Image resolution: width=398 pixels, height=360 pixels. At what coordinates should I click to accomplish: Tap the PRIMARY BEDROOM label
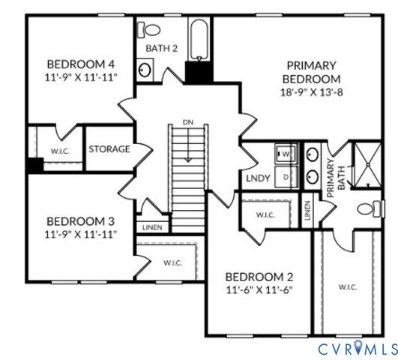(310, 72)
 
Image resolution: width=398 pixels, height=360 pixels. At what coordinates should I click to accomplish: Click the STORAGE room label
(109, 148)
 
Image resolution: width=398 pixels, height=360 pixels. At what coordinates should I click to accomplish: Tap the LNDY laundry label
(259, 179)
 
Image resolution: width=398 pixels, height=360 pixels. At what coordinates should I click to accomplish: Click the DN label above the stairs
(187, 121)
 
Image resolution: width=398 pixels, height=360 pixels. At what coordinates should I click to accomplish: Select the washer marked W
(286, 154)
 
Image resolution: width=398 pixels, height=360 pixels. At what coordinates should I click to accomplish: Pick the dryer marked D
(286, 176)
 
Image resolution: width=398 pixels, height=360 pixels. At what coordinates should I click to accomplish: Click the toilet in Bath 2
(151, 30)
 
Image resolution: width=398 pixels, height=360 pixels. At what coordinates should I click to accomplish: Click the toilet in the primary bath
(364, 208)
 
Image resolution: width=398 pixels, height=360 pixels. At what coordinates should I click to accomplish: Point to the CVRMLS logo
(355, 348)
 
